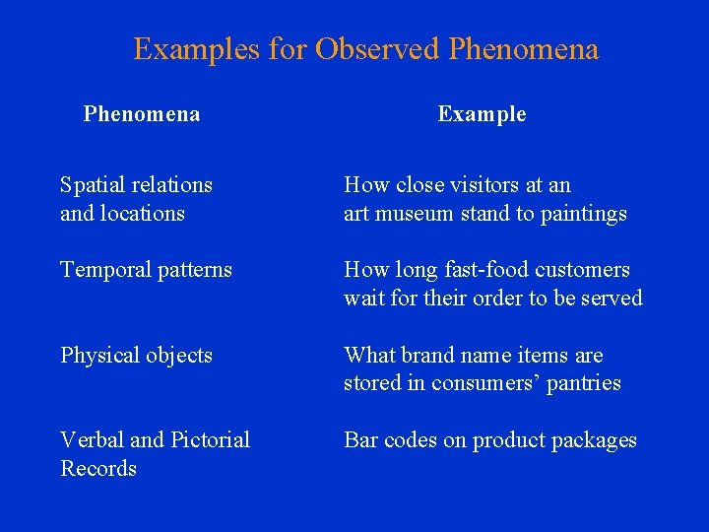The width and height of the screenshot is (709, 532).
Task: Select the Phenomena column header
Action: coord(142,114)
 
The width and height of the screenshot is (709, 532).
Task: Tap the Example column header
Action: coord(482,114)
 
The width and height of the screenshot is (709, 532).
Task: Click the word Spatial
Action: coord(91,185)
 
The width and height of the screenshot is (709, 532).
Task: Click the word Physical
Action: coord(97,356)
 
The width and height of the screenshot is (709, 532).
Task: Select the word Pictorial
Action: coord(211,440)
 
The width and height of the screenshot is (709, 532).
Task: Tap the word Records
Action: coord(98,468)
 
